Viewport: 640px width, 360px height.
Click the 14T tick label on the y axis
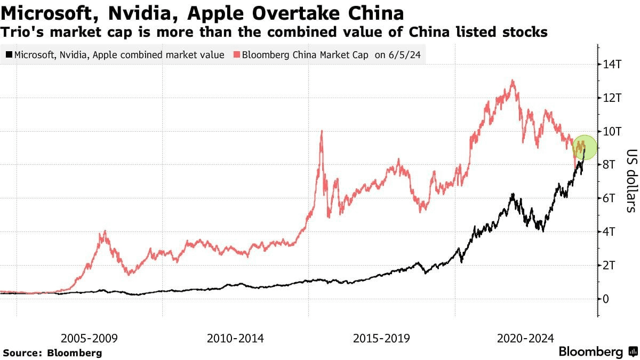(612, 65)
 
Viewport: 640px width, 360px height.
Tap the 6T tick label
(610, 198)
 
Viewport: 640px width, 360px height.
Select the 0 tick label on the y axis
(605, 299)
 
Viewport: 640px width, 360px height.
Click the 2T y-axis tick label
(610, 265)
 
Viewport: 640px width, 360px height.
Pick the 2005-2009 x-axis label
(89, 338)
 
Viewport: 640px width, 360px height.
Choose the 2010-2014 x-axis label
(235, 338)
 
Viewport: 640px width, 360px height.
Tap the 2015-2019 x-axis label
(381, 338)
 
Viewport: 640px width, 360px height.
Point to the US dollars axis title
(630, 180)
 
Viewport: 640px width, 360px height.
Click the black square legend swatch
(9, 55)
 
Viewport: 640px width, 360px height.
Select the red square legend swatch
(236, 55)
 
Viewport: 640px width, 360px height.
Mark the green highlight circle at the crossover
(584, 148)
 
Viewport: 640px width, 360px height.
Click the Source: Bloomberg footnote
(52, 353)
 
